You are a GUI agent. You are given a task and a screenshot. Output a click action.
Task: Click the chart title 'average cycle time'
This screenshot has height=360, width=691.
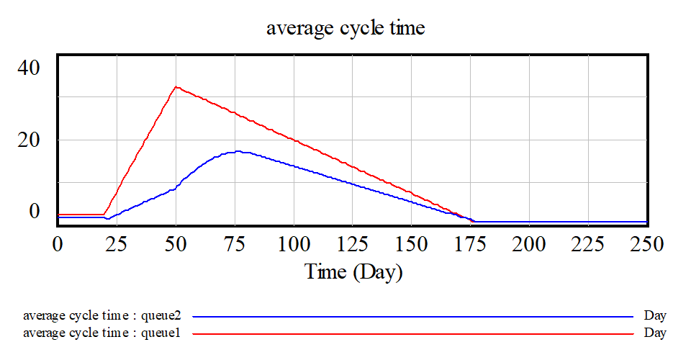pyautogui.click(x=345, y=29)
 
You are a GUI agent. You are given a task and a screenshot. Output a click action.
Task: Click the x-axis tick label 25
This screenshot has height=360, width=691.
pyautogui.click(x=117, y=244)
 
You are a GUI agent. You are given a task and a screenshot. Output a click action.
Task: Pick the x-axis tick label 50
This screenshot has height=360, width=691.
pyautogui.click(x=176, y=244)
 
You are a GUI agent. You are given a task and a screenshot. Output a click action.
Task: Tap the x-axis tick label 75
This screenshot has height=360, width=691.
pyautogui.click(x=235, y=244)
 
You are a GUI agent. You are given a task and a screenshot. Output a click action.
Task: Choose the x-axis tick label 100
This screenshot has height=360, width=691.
pyautogui.click(x=294, y=244)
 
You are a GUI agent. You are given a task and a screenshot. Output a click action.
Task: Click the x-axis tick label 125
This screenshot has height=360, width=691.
pyautogui.click(x=353, y=244)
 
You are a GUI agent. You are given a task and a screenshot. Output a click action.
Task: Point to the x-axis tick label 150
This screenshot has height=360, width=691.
pyautogui.click(x=411, y=244)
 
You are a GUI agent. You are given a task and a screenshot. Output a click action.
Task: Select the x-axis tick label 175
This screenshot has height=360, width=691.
pyautogui.click(x=470, y=244)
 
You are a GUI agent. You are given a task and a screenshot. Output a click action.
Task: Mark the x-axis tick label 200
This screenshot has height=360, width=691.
pyautogui.click(x=529, y=244)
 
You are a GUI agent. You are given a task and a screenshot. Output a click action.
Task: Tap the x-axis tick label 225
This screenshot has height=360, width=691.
pyautogui.click(x=588, y=244)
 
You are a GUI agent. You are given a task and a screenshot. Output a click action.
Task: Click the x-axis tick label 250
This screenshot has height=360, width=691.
pyautogui.click(x=646, y=244)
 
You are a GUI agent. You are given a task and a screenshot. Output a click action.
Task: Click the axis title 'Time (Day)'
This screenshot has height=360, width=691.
pyautogui.click(x=353, y=271)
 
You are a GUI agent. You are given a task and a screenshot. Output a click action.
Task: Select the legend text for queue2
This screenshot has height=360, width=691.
pyautogui.click(x=101, y=316)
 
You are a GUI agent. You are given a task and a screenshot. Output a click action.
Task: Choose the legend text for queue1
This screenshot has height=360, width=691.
pyautogui.click(x=101, y=333)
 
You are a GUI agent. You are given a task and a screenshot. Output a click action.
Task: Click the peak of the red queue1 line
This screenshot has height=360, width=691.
pyautogui.click(x=176, y=87)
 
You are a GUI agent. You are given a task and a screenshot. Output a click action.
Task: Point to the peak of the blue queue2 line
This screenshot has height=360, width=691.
pyautogui.click(x=238, y=151)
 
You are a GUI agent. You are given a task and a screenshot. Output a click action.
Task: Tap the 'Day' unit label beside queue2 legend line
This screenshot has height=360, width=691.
pyautogui.click(x=655, y=316)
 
